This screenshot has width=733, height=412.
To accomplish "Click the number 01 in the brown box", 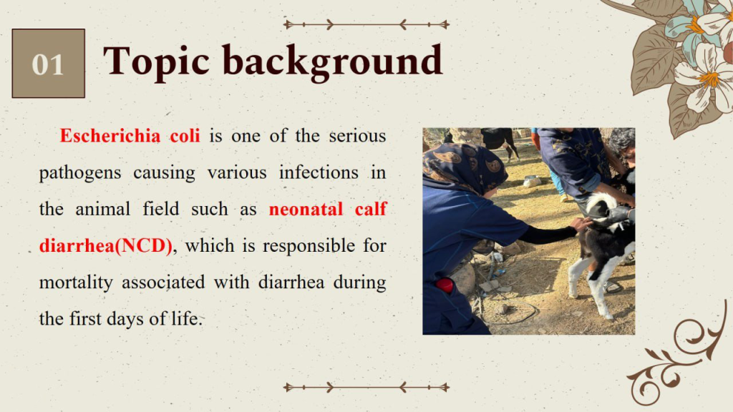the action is [48, 64].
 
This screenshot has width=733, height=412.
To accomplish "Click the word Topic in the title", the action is [156, 62].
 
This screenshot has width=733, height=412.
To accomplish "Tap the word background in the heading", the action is [332, 62].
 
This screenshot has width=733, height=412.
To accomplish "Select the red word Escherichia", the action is [110, 136].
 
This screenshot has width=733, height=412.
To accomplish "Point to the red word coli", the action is [185, 136].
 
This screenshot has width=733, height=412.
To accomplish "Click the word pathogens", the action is [80, 173].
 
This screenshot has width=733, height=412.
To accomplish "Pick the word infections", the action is [319, 172].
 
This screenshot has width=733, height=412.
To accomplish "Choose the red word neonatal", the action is [306, 209].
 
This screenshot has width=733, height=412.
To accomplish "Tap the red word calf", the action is [371, 209].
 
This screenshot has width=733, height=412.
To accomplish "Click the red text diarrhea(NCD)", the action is [106, 246].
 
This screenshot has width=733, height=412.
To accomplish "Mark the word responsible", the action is [309, 246].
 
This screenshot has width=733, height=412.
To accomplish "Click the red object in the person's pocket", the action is [445, 285].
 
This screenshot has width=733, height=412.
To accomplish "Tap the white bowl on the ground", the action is [532, 182].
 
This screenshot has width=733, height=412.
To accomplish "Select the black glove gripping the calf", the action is [618, 215].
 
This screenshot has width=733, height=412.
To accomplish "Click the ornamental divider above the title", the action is [366, 24].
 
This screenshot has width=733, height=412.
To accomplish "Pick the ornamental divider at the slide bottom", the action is [366, 387].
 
